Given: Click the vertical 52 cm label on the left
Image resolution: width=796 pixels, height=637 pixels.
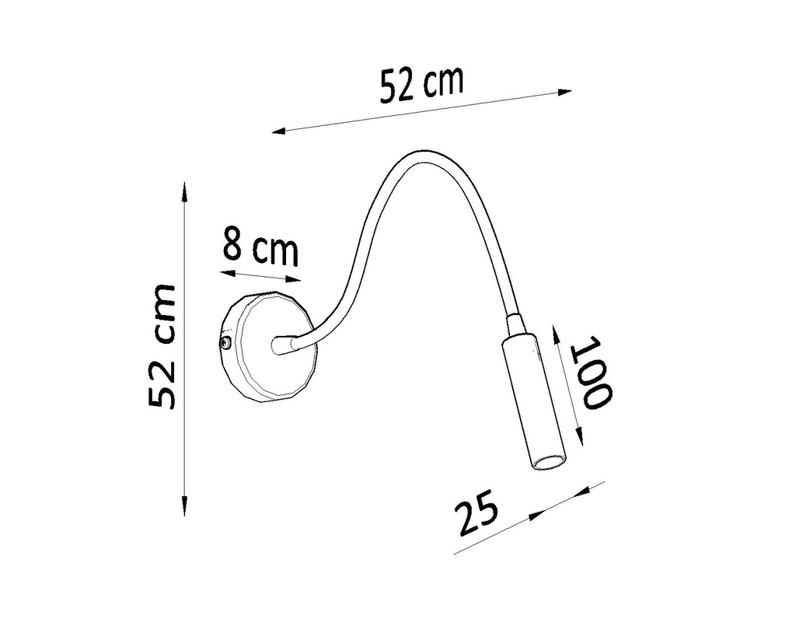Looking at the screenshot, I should pyautogui.click(x=162, y=345).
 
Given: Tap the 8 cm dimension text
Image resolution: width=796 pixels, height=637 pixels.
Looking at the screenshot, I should pyautogui.click(x=260, y=247).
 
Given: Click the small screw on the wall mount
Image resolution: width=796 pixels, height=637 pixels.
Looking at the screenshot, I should pyautogui.click(x=225, y=342).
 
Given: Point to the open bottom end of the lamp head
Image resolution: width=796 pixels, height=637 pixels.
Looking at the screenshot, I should pyautogui.click(x=549, y=462).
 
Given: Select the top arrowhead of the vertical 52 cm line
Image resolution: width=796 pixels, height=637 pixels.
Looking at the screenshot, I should pyautogui.click(x=184, y=189).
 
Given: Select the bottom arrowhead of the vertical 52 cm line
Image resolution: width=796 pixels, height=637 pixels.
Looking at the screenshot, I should pyautogui.click(x=184, y=509).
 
